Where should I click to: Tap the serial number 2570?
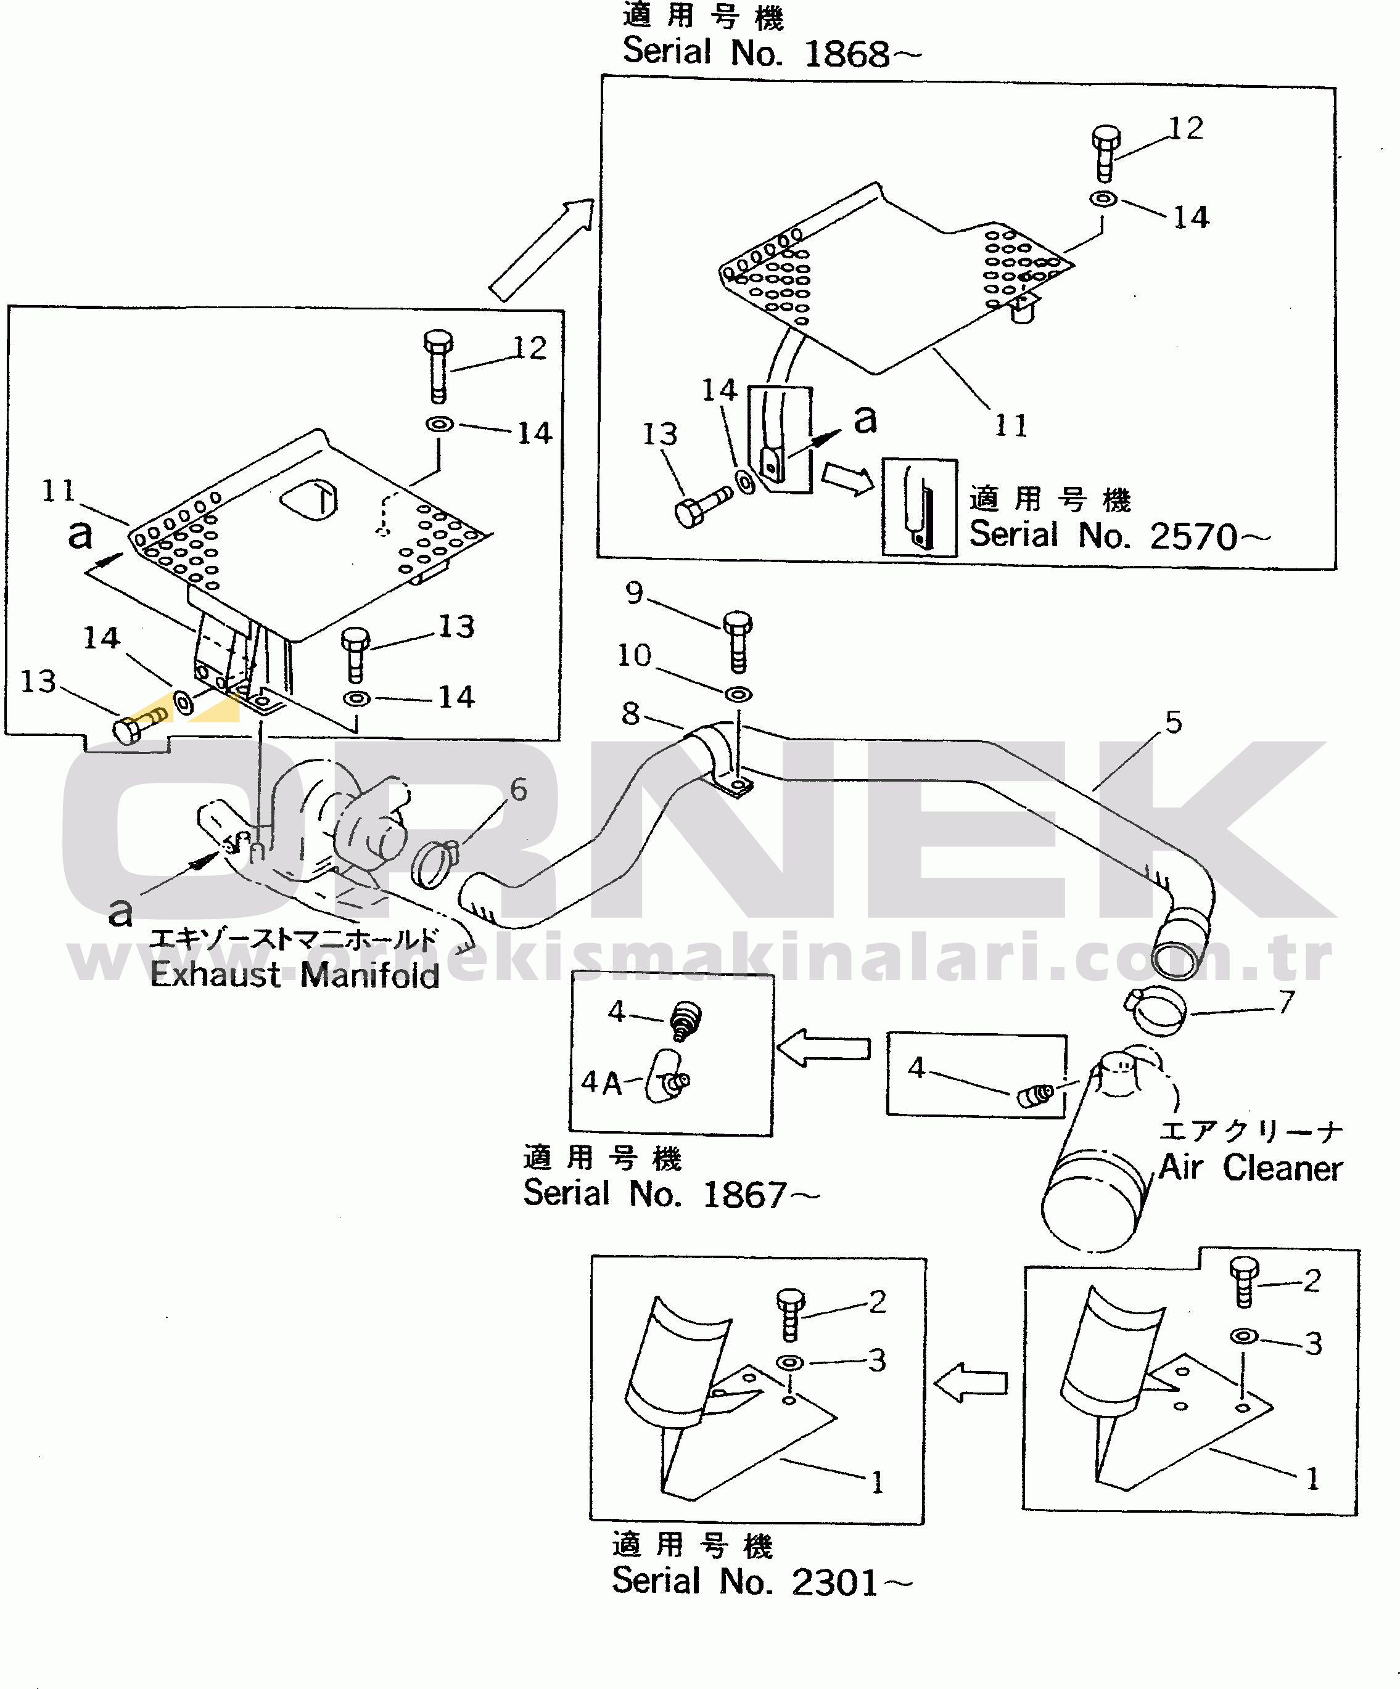click(x=1192, y=536)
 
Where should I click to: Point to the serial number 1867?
click(x=745, y=1195)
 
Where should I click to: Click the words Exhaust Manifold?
click(x=294, y=974)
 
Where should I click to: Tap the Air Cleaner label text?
click(x=1250, y=1168)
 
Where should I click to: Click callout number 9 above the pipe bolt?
click(x=634, y=593)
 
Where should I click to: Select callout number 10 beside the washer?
click(x=634, y=655)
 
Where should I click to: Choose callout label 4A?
click(x=601, y=1082)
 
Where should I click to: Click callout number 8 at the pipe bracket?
click(x=631, y=713)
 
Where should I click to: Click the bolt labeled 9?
click(x=738, y=640)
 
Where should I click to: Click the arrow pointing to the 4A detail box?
click(x=824, y=1048)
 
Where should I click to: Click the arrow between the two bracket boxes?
click(x=971, y=1382)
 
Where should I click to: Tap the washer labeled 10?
click(x=739, y=693)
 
